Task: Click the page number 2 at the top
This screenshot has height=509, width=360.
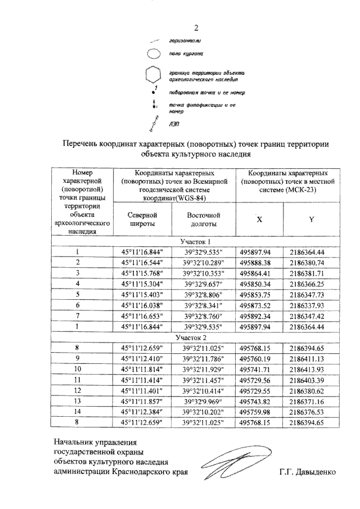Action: point(196,29)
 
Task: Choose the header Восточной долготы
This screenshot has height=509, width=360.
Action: point(202,219)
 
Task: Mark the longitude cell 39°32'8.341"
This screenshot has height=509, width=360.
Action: point(202,305)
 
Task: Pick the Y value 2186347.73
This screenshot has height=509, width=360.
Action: point(311,294)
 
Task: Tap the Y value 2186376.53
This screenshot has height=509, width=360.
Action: point(311,412)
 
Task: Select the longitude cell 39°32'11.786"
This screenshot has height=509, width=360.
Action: point(202,358)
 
